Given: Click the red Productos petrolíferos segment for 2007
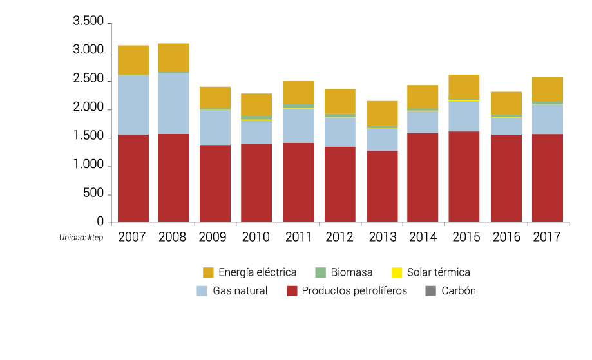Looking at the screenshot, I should coord(133,178).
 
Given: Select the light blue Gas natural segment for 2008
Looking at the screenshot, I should coord(174,103).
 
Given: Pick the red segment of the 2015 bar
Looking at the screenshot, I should coord(464,177).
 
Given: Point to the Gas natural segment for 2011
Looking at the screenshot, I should coord(298,126).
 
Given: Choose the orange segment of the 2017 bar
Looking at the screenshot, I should coord(548,90).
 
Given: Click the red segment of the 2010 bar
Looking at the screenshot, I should coord(256,184).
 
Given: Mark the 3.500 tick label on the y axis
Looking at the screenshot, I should coord(88,22).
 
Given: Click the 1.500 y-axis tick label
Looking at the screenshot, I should coord(88,137).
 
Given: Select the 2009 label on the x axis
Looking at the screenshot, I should coord(215,237).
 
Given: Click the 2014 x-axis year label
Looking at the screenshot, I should coord(423,237).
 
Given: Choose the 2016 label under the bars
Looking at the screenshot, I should coord(506,237).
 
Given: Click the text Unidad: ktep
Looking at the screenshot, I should coord(81,238).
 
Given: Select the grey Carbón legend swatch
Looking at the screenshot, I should coord(431,290).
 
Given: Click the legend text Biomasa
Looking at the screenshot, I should coord(352,272).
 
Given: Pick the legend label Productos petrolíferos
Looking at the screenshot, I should coord(354,290).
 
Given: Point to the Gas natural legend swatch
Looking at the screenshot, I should coord(202,290).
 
